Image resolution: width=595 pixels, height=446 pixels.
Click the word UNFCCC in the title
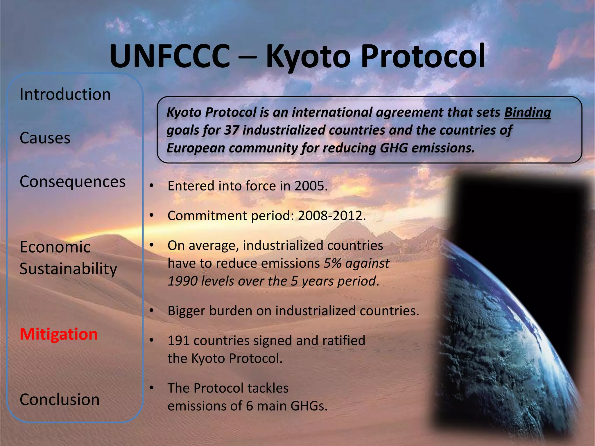170,56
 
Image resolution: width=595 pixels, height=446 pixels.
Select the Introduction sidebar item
65,94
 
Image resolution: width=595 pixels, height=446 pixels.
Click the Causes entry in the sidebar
45,138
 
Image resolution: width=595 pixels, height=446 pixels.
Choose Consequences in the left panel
73,182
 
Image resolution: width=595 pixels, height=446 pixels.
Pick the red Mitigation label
59,334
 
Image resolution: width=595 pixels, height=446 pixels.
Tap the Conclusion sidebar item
60,400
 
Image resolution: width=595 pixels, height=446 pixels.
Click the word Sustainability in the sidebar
68,269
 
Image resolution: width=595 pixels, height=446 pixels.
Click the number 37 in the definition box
232,130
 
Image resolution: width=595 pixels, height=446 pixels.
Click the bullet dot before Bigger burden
151,311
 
